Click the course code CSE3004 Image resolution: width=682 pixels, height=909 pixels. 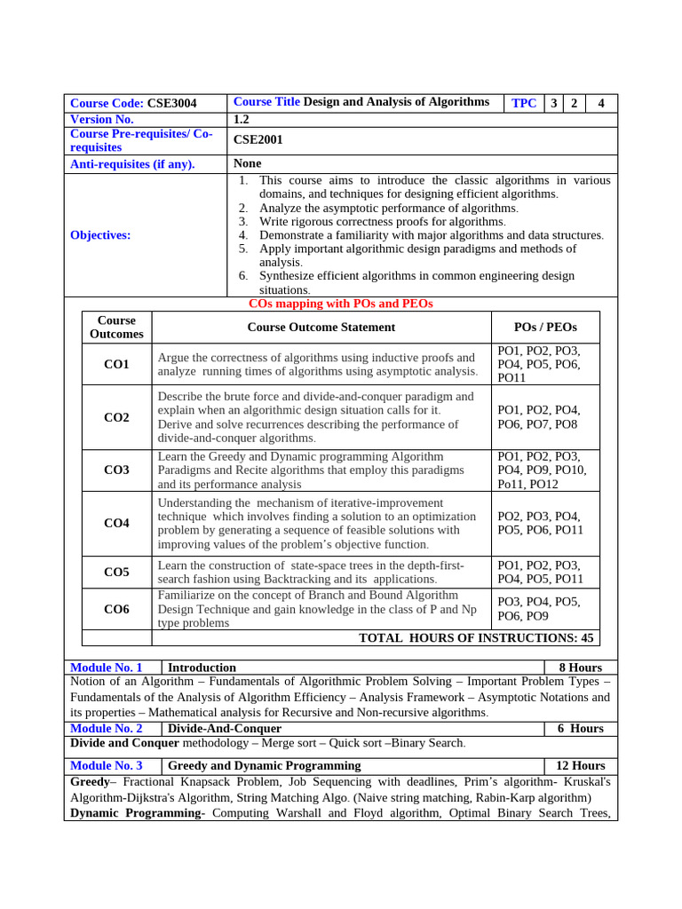tap(171, 103)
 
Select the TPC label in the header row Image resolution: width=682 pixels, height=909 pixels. tap(524, 103)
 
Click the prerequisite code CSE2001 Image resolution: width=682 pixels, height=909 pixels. tap(258, 139)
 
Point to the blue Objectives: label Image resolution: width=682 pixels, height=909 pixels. tap(100, 235)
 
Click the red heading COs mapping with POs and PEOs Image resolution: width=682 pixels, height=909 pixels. tap(341, 304)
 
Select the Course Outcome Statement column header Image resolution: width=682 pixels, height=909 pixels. tap(321, 327)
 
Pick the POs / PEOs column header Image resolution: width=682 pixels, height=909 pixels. tap(545, 327)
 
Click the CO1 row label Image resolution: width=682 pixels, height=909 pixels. tap(116, 364)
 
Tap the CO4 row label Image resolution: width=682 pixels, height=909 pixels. tap(116, 524)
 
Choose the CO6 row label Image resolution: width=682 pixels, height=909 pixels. tap(116, 609)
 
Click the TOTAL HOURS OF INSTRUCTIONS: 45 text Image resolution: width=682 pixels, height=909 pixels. tap(476, 637)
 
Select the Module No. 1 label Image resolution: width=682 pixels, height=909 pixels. tap(106, 668)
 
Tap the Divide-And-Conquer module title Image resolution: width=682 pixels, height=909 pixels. tap(225, 728)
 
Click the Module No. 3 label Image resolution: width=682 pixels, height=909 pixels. tap(106, 765)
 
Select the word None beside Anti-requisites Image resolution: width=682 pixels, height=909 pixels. tap(247, 163)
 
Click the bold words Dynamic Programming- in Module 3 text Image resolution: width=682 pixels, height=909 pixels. tap(138, 813)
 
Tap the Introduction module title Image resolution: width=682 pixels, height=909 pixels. tap(202, 668)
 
